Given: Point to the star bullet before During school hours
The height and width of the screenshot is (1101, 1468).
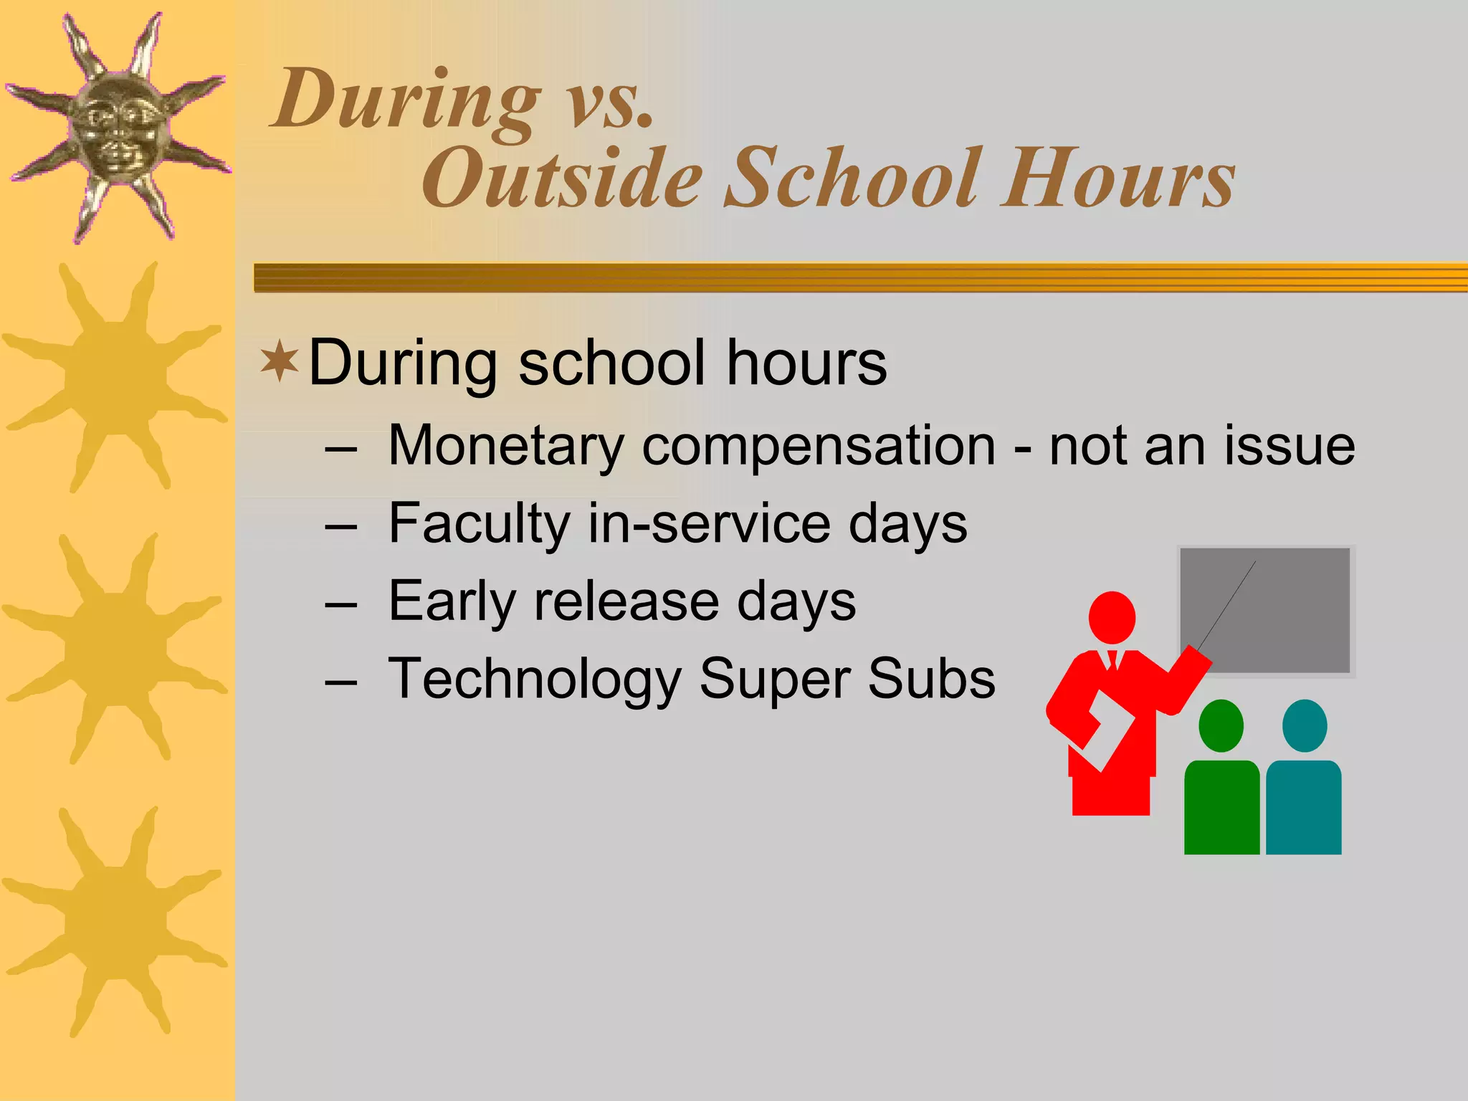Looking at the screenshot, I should [x=279, y=362].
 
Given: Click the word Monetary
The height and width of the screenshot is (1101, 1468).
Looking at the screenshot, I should [x=506, y=446].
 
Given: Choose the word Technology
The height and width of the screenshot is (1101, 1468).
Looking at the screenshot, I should [x=534, y=679].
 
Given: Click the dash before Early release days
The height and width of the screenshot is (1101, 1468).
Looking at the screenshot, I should [x=340, y=603].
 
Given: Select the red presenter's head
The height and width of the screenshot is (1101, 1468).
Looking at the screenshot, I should [x=1112, y=617].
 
